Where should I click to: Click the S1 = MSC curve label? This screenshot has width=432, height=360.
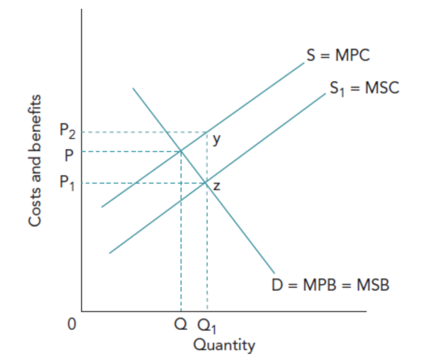tap(365, 89)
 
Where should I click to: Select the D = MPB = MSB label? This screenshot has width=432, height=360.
tap(331, 285)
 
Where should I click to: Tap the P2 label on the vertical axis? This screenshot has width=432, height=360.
tap(68, 131)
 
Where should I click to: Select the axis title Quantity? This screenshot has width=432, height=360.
tap(224, 345)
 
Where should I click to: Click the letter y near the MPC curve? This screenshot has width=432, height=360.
tap(217, 139)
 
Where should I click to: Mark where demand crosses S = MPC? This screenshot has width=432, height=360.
tap(181, 151)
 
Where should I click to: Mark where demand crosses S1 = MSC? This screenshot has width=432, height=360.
tap(206, 183)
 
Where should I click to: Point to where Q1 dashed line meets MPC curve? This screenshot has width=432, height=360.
tap(207, 132)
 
